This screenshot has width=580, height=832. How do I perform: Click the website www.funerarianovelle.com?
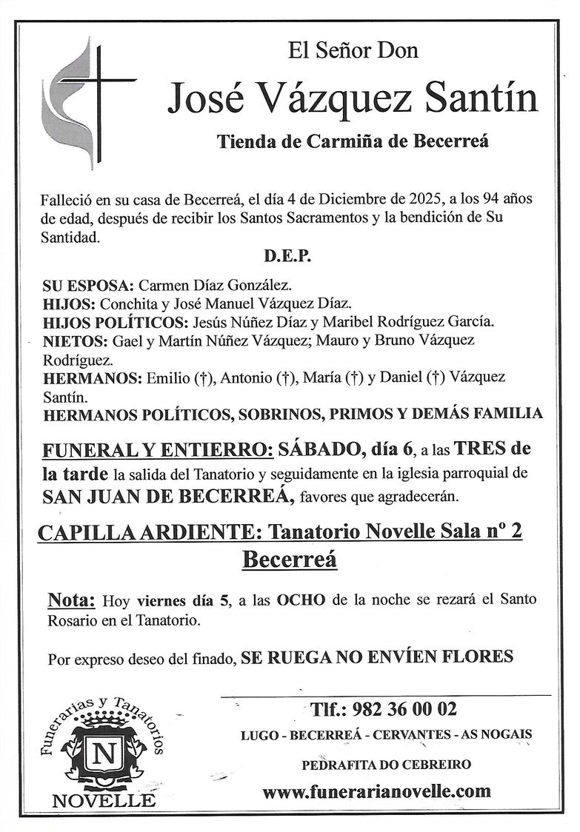[x=376, y=791]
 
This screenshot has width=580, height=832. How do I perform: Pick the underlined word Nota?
[x=72, y=600]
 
